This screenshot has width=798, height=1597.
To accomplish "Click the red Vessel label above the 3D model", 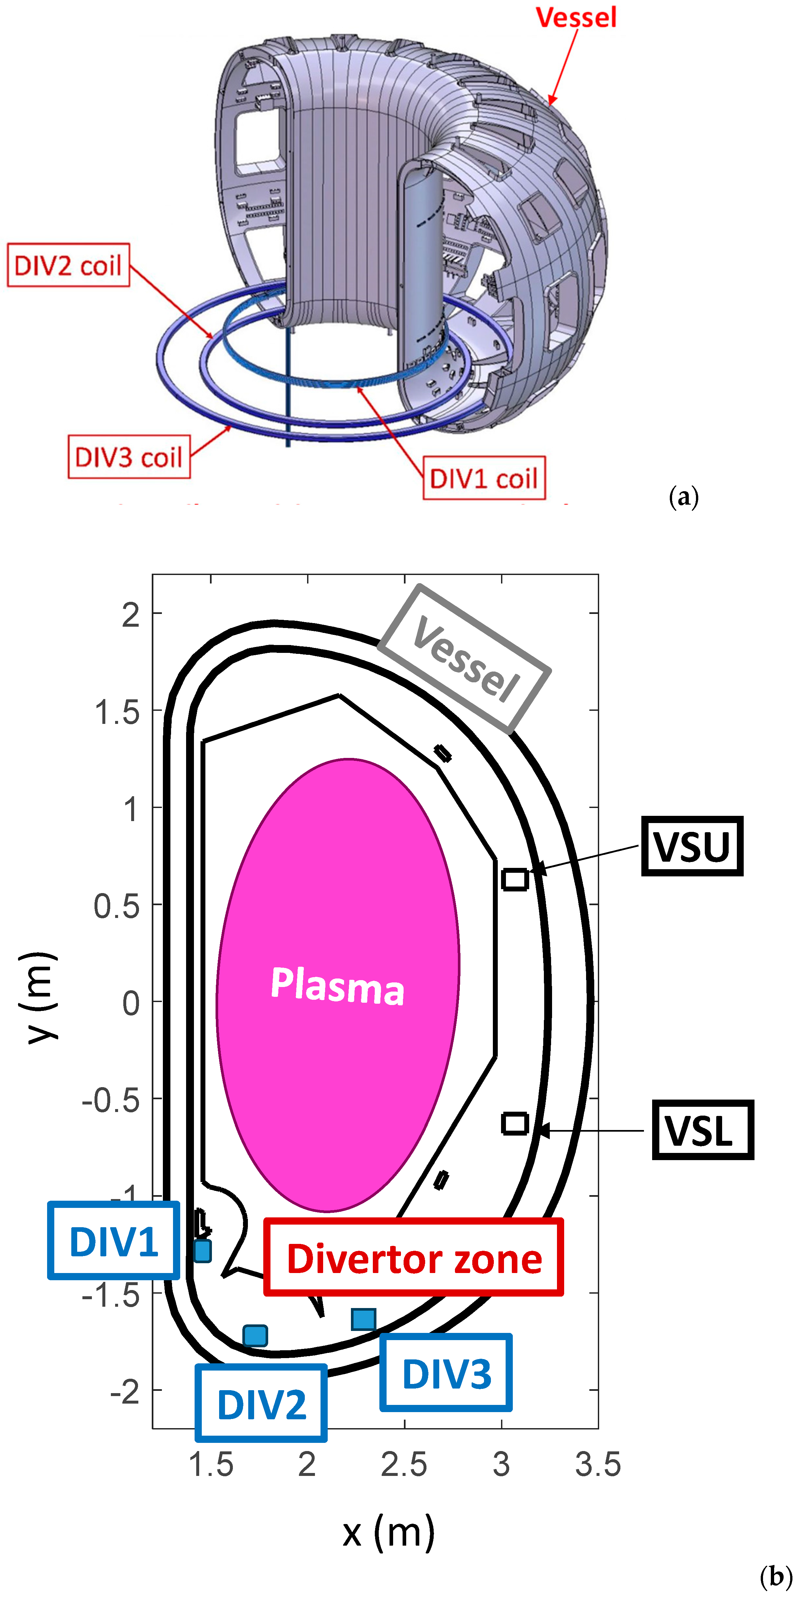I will click(x=576, y=17).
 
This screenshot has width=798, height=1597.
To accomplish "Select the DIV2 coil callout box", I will click(x=68, y=265).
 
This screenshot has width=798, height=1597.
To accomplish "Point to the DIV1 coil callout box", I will click(x=484, y=478).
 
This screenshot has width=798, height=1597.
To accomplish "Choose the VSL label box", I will click(x=703, y=1130).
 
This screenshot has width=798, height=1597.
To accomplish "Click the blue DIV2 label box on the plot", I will click(x=261, y=1403).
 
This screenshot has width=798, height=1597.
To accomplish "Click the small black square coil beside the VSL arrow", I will click(x=514, y=1123).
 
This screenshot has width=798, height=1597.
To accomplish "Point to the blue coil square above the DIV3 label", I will click(x=364, y=1319).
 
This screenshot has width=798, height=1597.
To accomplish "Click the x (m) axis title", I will click(x=389, y=1532).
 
